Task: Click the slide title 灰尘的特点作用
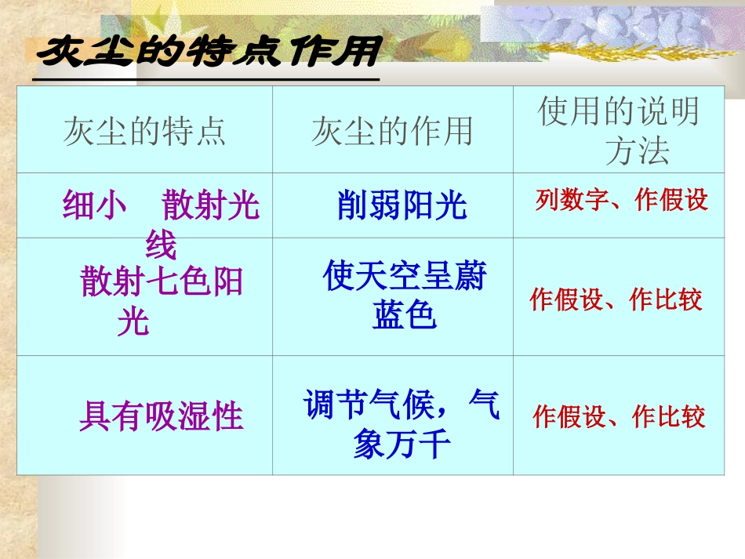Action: click(209, 53)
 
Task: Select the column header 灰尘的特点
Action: click(145, 131)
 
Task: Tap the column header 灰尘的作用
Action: click(392, 131)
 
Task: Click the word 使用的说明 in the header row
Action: click(618, 112)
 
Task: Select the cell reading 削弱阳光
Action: click(402, 206)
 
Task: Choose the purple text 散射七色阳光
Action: click(162, 282)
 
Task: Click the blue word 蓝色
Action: click(404, 315)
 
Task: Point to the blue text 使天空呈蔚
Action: click(405, 278)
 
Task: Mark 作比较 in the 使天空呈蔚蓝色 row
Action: click(666, 299)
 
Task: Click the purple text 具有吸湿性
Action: click(162, 416)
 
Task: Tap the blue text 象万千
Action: click(402, 445)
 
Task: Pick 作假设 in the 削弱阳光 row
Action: click(672, 201)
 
